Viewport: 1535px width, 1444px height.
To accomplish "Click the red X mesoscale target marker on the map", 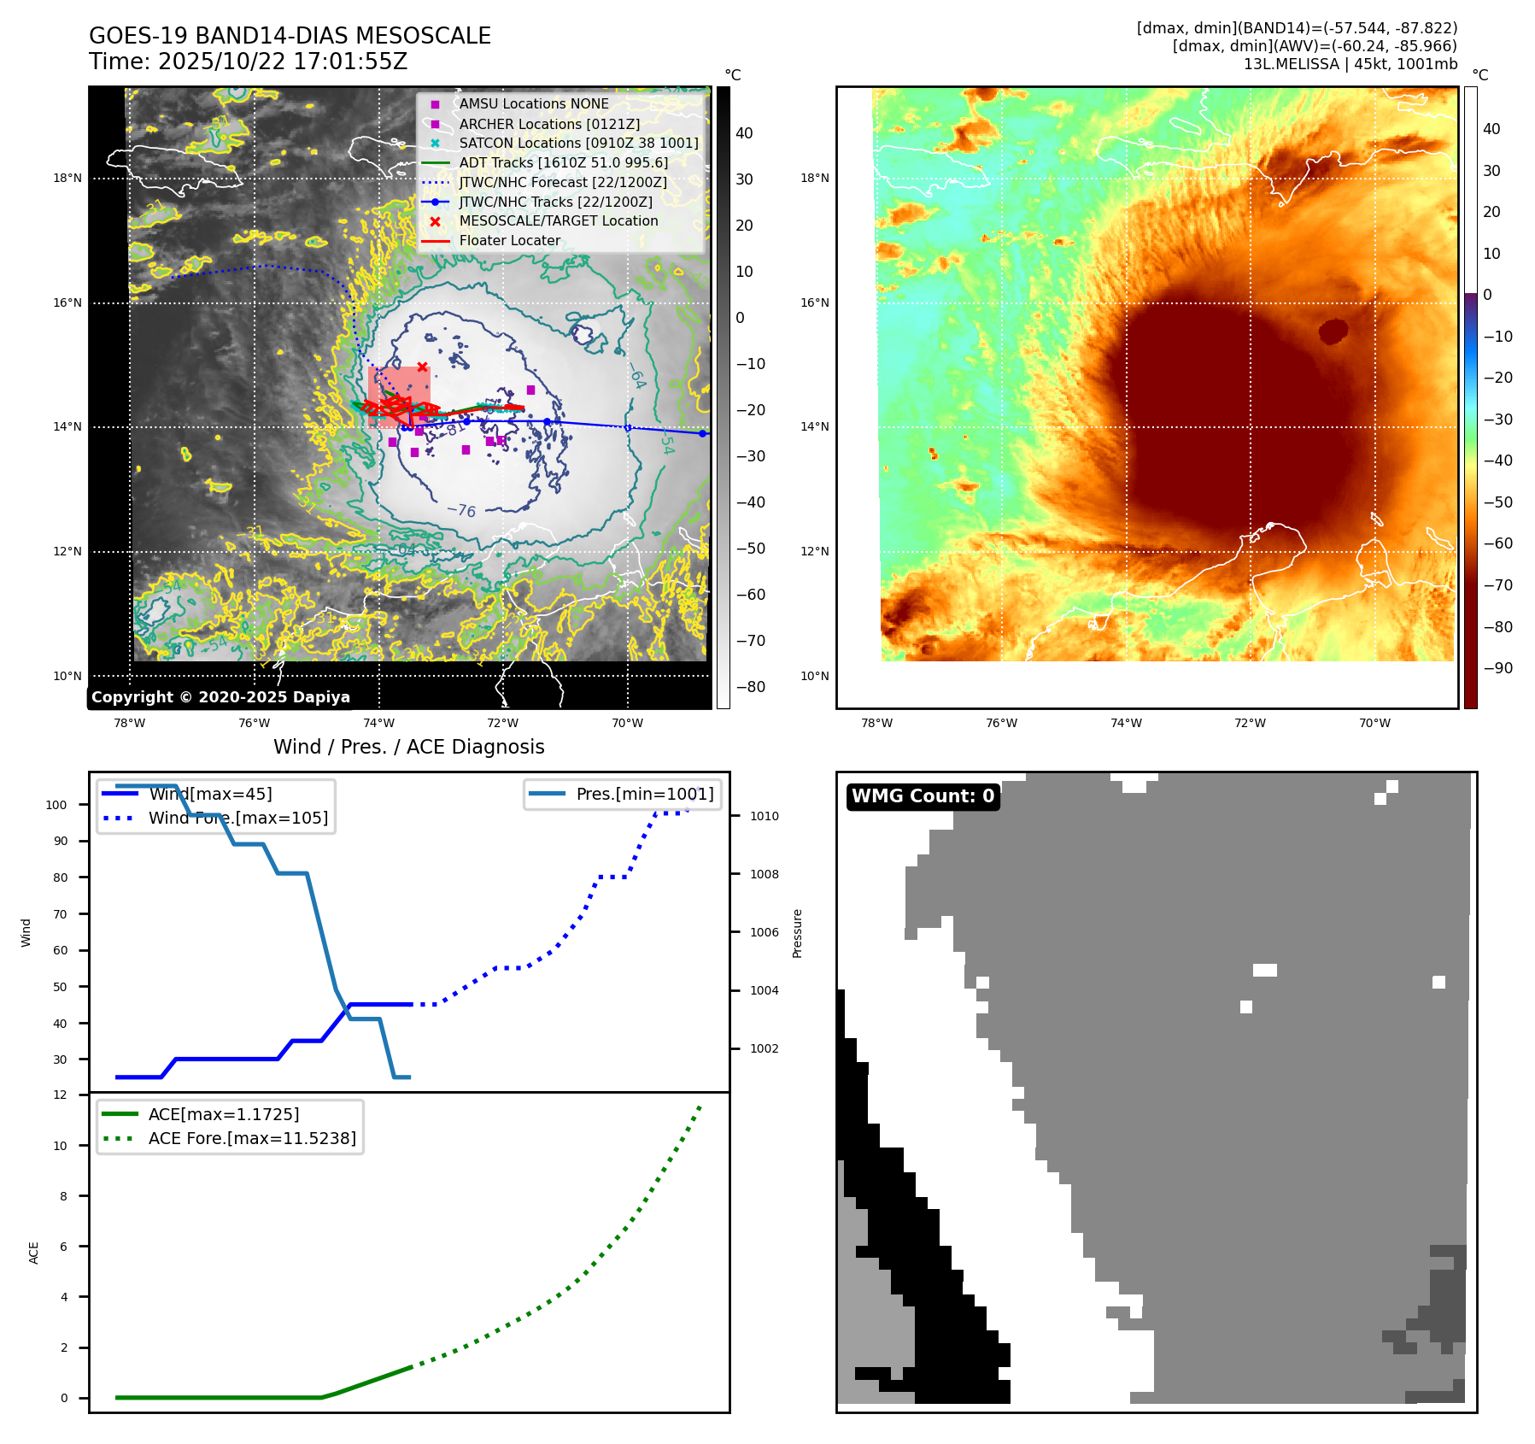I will point(422,367).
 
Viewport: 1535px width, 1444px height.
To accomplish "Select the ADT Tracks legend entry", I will point(563,162).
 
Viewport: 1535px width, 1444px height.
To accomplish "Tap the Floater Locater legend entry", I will point(509,240).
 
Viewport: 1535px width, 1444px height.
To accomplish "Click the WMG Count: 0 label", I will point(923,796).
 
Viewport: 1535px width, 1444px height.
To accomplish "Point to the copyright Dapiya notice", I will point(220,697).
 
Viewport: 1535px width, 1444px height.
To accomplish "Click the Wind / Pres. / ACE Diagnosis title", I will point(408,747).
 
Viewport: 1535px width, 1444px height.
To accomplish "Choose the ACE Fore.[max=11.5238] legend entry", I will point(252,1138).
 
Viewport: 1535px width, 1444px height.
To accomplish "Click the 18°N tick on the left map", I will point(67,179).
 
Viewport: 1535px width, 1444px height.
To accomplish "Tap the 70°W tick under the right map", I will point(1374,723).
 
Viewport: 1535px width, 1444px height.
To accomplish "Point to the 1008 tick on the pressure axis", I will point(765,874).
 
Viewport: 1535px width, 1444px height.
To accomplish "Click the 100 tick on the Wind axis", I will point(56,805).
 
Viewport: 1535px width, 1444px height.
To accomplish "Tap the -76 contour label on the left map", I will point(461,510).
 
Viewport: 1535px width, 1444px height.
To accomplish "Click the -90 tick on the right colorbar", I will point(1497,668).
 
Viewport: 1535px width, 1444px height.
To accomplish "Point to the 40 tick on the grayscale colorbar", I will point(744,133).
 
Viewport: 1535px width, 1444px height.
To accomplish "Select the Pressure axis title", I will point(797,933).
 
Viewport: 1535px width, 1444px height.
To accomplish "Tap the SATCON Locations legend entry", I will point(578,143).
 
